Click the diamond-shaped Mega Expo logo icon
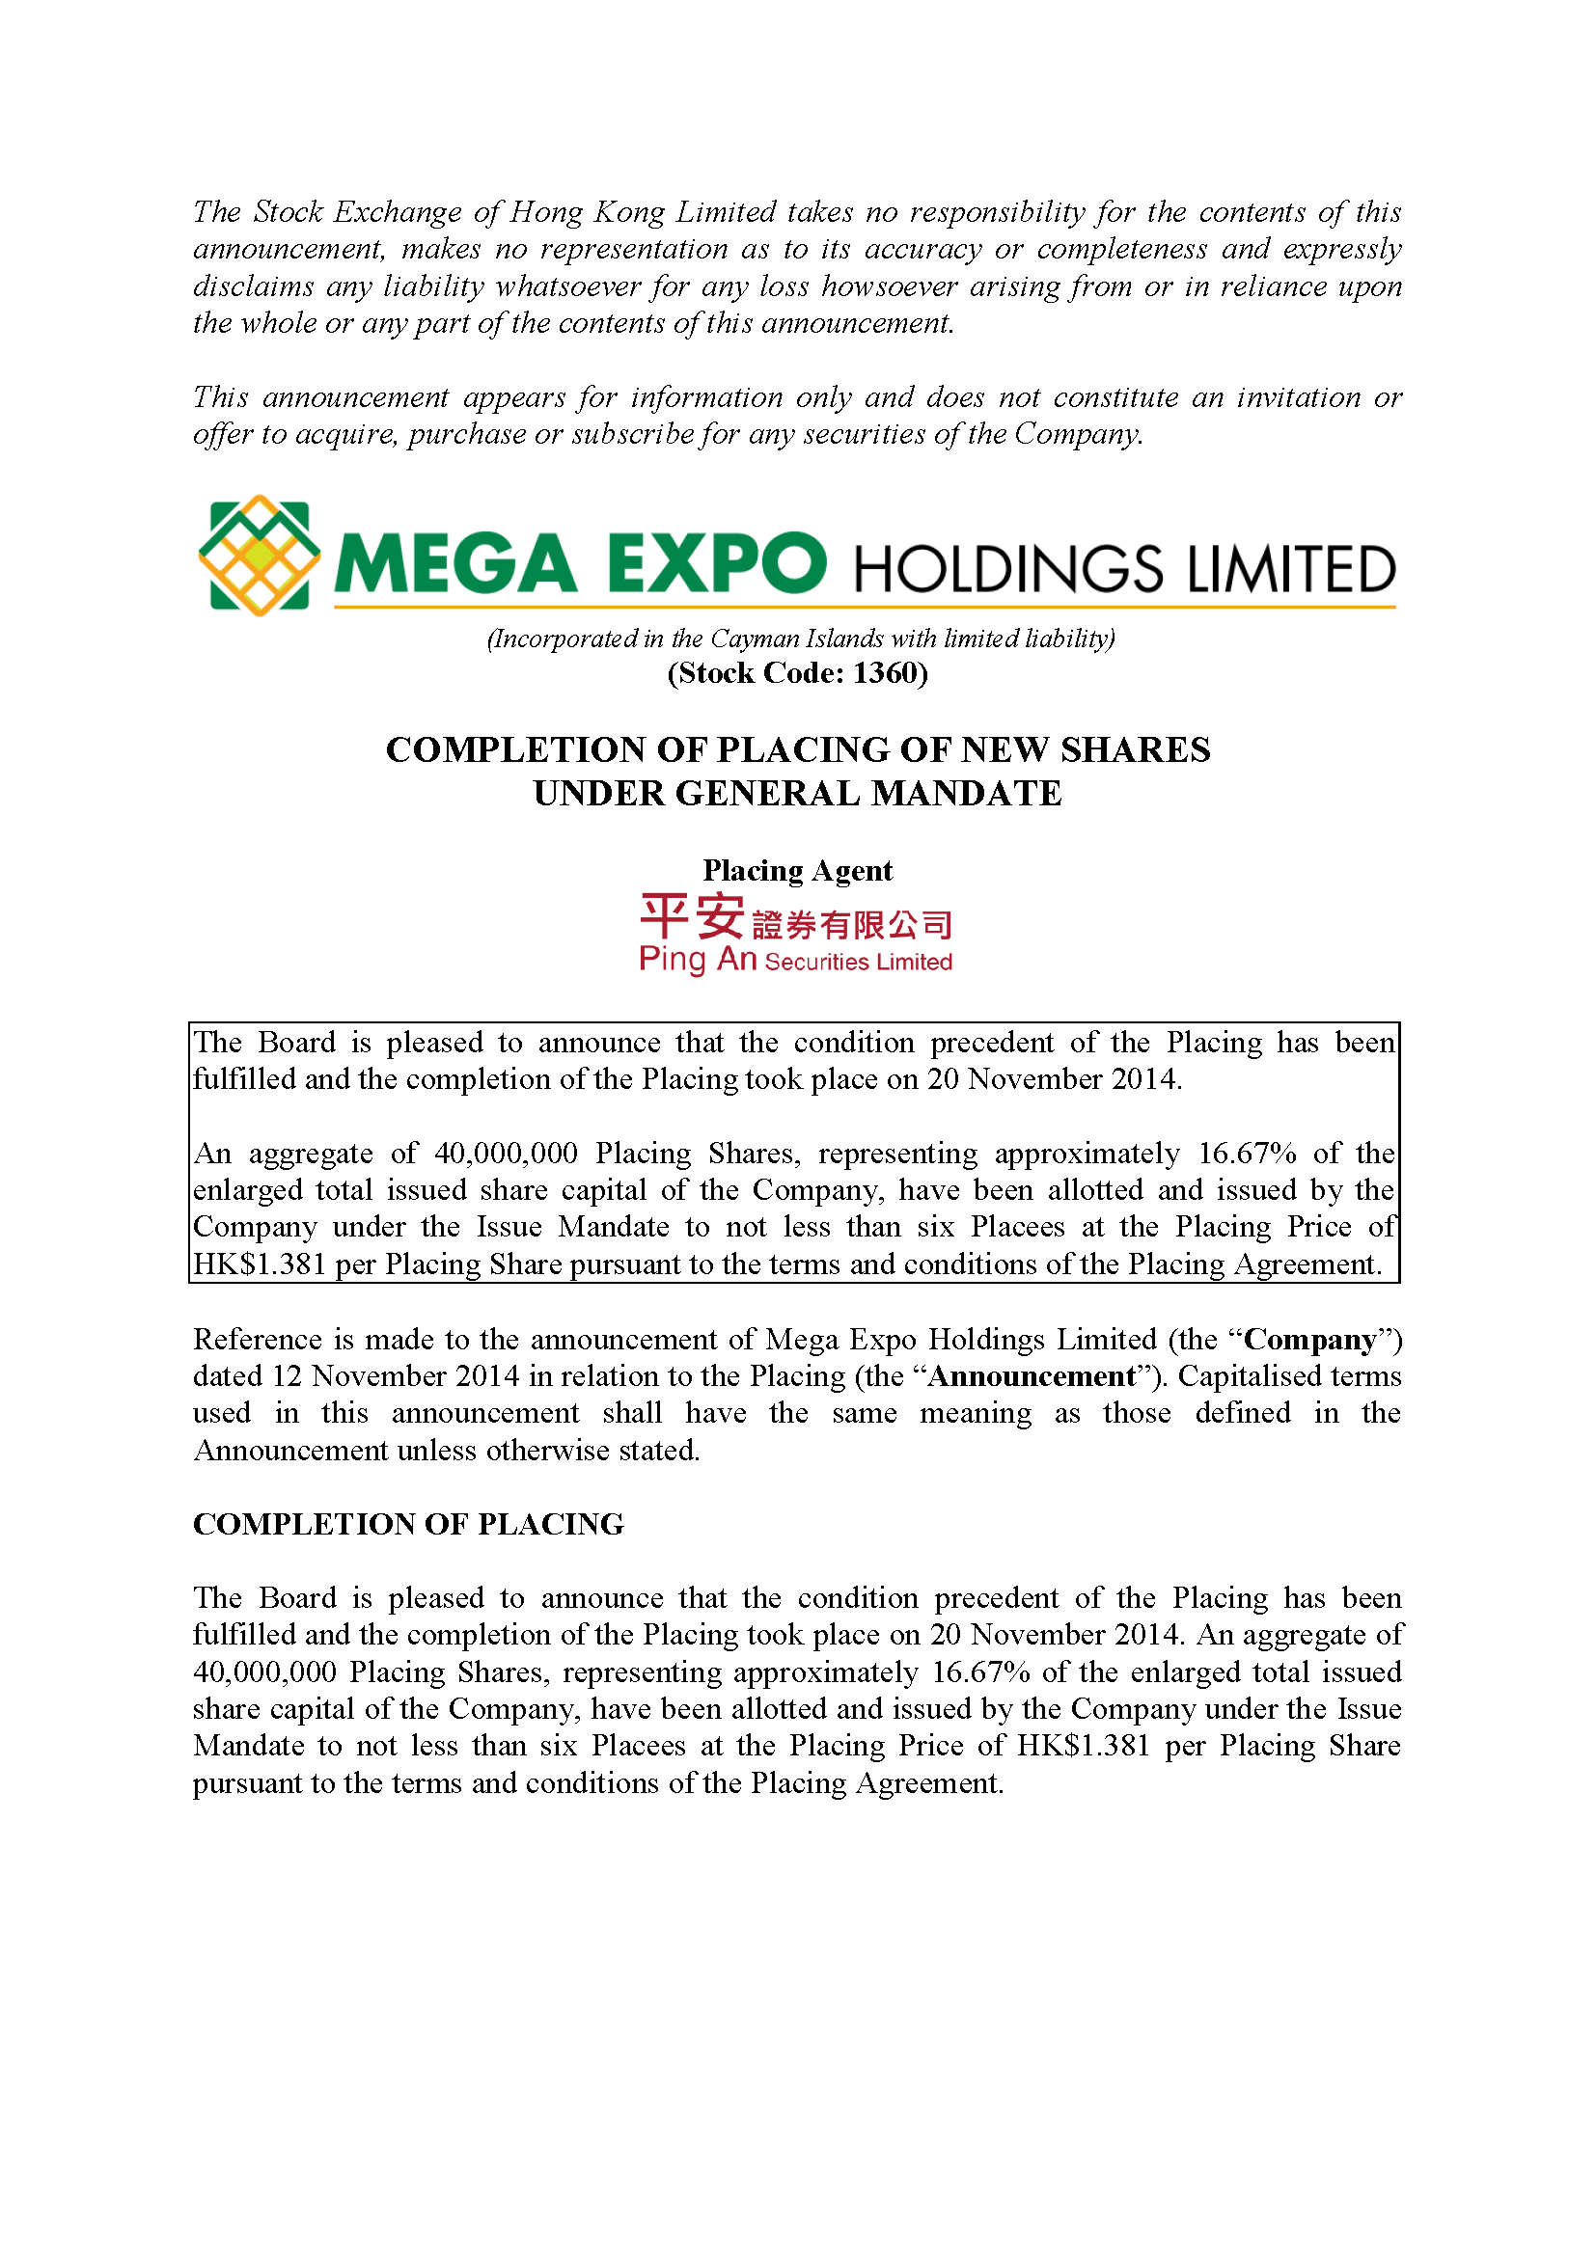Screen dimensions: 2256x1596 [x=259, y=557]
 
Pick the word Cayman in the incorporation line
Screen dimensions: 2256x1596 [x=755, y=639]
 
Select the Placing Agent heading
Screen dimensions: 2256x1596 [x=797, y=871]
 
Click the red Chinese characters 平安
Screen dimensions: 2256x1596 [x=692, y=916]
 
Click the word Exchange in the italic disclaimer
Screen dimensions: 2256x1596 [x=397, y=212]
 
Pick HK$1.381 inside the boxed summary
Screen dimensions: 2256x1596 [x=259, y=1264]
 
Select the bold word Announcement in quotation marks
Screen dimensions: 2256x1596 [x=1032, y=1376]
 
